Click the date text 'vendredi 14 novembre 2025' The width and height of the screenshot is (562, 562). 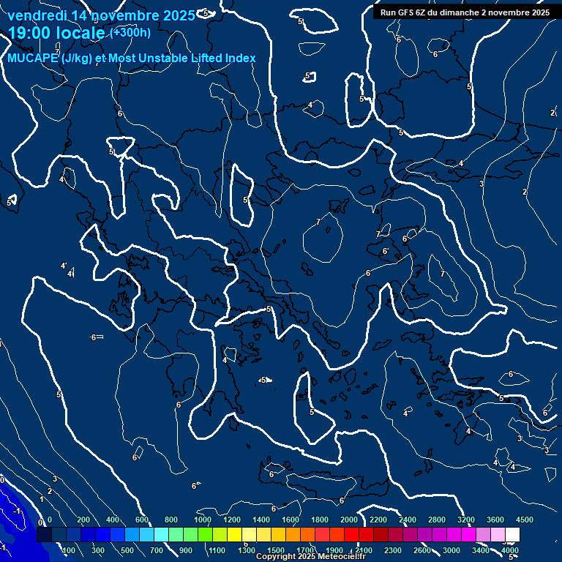coord(101,15)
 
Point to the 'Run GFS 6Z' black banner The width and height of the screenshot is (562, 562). coord(465,12)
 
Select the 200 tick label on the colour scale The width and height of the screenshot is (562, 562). coord(83,520)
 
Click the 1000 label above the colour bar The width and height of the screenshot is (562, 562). coord(203,520)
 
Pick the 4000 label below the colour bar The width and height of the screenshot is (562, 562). coord(510,550)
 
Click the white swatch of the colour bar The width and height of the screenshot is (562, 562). coord(512,535)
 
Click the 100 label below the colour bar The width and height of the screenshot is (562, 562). coord(69,550)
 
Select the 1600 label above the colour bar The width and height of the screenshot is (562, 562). coord(291,520)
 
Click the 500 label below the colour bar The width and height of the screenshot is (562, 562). coord(127,550)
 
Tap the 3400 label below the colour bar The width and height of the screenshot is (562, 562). coord(481,550)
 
